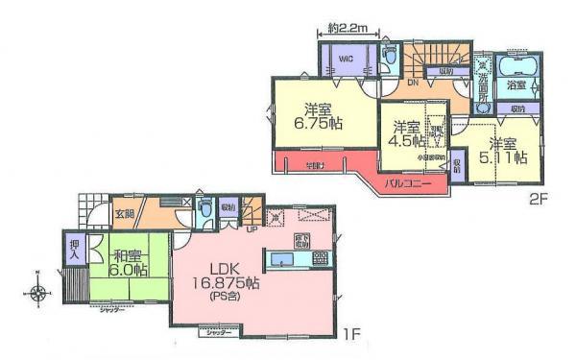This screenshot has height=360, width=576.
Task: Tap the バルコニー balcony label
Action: pos(409,180)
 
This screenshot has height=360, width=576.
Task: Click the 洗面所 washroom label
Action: pos(485,91)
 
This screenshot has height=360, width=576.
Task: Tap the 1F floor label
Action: pos(354,335)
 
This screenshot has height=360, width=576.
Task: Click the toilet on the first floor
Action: pos(204,213)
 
